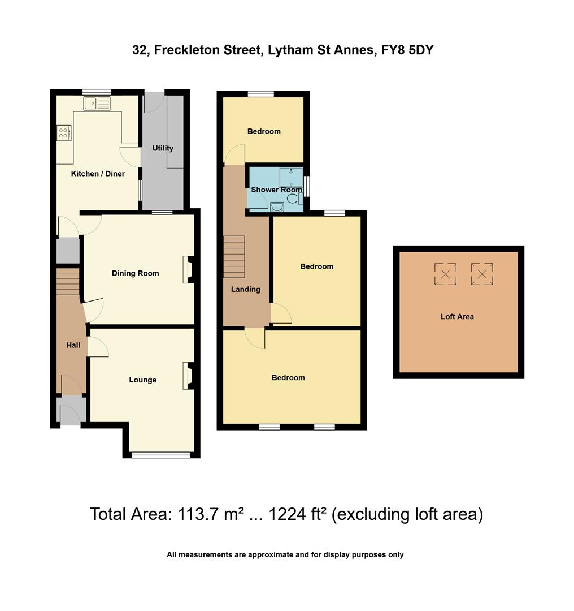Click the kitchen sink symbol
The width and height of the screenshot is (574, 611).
96,104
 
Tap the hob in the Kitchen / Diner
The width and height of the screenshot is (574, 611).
64,133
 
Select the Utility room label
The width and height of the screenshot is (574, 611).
163,148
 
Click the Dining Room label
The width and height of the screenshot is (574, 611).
135,273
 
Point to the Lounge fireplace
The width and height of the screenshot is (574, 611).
187,376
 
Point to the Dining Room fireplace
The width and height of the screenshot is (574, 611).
187,269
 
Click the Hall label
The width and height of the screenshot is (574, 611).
73,345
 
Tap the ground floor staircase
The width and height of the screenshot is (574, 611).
68,281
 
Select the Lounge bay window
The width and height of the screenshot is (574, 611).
160,455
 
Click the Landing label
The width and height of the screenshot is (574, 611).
246,289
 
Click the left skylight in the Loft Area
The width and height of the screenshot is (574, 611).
445,274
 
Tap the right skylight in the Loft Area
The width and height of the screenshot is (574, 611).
482,274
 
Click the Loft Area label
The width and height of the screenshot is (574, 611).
457,317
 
